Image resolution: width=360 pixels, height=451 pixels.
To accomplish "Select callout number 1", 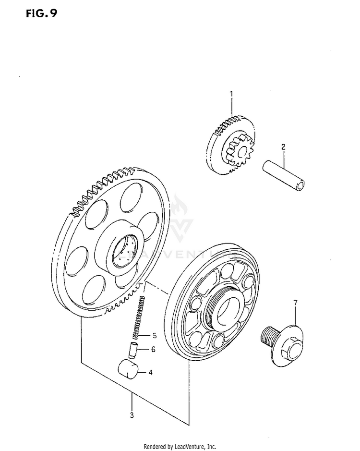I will pos(231,93).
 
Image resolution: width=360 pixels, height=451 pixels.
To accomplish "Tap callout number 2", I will pos(283,147).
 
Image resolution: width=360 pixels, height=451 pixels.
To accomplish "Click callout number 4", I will pos(150,372).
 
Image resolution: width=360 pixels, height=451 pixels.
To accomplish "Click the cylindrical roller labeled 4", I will pos(128,369).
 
